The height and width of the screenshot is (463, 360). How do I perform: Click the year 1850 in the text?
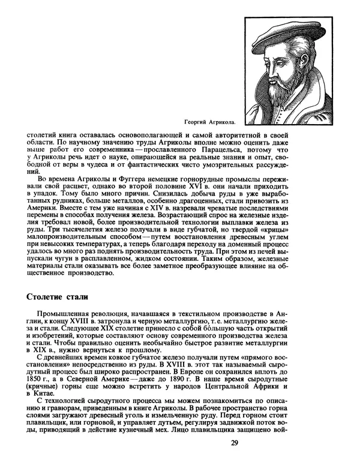click(x=38, y=380)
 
